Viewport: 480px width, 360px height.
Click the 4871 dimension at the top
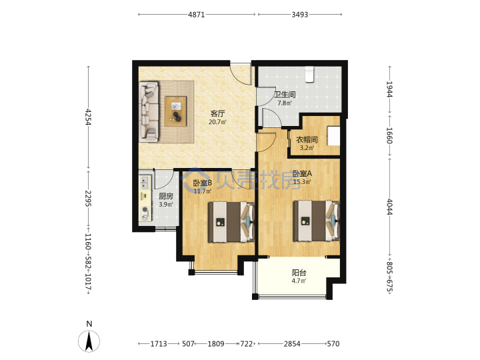coord(196,15)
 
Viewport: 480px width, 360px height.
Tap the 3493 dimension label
coord(300,15)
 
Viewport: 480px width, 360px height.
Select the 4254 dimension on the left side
coord(89,117)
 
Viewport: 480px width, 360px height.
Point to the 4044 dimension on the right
coord(389,207)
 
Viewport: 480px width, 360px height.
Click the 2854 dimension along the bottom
coord(292,344)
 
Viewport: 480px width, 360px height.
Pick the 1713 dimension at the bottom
coord(159,344)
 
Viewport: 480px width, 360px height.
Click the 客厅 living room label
coord(217,113)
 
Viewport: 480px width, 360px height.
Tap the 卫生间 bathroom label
coord(285,95)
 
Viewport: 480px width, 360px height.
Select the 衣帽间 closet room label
coord(307,140)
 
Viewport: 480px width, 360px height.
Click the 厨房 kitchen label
coord(166,196)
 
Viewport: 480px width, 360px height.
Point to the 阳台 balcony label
coord(299,273)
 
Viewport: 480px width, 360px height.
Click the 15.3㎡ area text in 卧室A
coord(302,182)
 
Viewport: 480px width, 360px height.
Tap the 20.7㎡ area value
coord(217,122)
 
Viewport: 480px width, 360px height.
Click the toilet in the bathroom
coord(309,75)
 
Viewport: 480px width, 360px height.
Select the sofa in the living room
coord(149,112)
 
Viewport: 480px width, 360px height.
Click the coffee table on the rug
coord(176,111)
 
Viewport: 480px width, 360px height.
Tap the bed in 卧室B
coord(232,222)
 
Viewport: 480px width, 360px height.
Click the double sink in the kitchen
coord(144,183)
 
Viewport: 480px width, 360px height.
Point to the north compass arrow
coord(89,341)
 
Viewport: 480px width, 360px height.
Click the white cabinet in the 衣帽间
coord(333,135)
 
